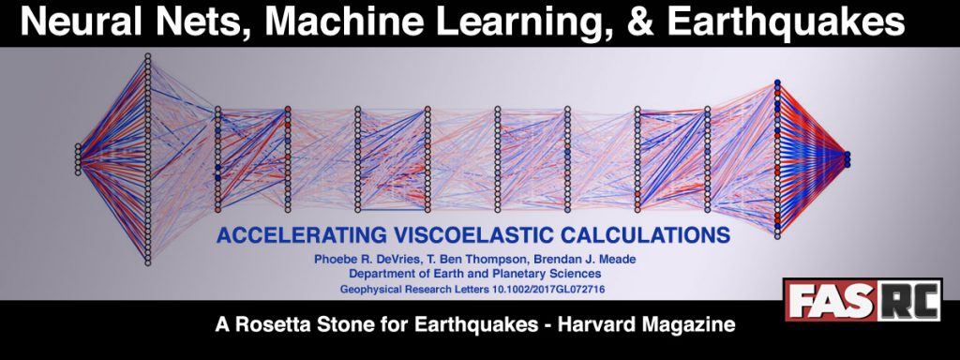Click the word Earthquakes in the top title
click(x=786, y=22)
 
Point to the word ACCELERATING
click(x=301, y=235)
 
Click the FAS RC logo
click(x=863, y=300)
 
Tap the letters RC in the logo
click(x=908, y=300)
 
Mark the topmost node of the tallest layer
click(x=147, y=56)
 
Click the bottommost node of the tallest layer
click(x=147, y=263)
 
